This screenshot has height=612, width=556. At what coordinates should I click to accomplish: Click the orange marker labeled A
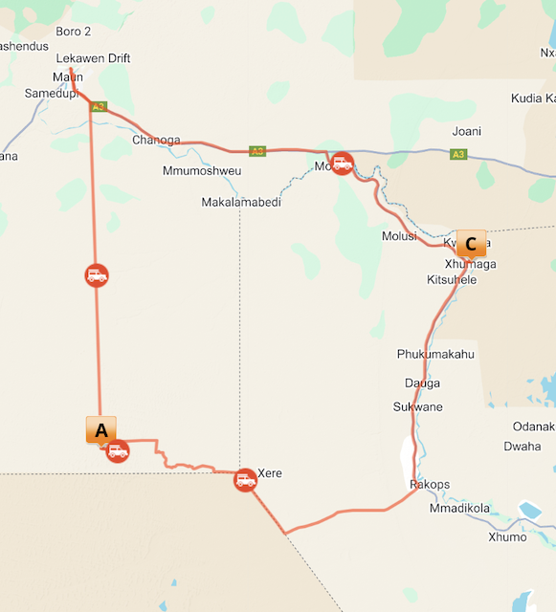pos(100,430)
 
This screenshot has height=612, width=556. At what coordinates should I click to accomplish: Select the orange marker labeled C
pos(471,244)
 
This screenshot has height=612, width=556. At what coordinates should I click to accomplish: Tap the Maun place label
pos(68,76)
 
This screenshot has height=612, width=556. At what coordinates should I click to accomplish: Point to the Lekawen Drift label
pos(93,58)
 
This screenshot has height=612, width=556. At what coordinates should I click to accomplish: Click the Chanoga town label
pos(156,140)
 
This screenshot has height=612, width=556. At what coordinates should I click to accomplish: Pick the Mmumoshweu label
pos(202,171)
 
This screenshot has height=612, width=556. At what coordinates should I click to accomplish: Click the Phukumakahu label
pos(435,354)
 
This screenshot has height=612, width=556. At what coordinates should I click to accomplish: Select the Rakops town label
pos(430,485)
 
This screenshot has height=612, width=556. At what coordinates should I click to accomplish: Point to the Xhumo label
pos(507,536)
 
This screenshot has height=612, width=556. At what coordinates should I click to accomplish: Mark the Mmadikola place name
pos(460,509)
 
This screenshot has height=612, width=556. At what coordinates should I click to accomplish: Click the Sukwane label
pos(418,406)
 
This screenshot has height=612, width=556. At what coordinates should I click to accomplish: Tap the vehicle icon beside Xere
pos(246,479)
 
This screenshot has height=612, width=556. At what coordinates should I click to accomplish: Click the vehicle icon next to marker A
pos(118,450)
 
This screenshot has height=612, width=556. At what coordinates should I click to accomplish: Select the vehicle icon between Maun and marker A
pos(97,275)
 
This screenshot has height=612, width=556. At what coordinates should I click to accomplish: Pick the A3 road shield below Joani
pos(458,154)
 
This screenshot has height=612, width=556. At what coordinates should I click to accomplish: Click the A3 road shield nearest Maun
pos(98,106)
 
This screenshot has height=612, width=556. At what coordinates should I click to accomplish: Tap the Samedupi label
pos(51,93)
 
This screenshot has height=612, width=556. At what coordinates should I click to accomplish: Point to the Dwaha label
pos(522,446)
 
